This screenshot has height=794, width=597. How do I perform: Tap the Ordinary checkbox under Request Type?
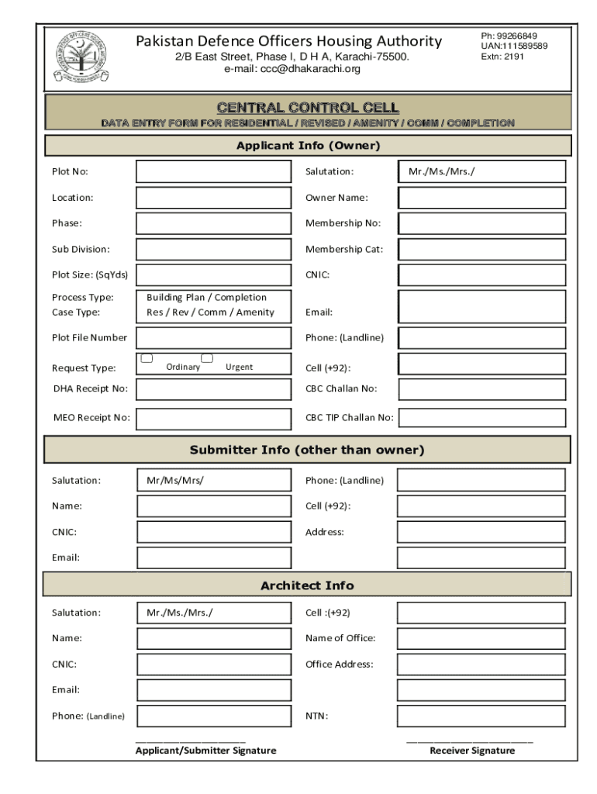[x=147, y=358]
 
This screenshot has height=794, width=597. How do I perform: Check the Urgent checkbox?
[x=207, y=358]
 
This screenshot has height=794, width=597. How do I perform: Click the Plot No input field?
[x=214, y=171]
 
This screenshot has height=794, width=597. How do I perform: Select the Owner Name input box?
[x=481, y=198]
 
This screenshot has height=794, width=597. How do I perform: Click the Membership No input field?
[x=481, y=223]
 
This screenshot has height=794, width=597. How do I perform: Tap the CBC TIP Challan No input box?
[x=482, y=418]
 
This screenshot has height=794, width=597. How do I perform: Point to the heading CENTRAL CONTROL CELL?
[x=307, y=107]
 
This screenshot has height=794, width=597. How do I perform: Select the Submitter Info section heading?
[x=307, y=450]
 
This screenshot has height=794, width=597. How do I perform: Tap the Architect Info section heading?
[x=307, y=585]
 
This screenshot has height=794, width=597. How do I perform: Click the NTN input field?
[x=481, y=716]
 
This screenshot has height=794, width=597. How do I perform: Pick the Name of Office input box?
[x=481, y=638]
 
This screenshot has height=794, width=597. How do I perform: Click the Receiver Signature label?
[x=472, y=751]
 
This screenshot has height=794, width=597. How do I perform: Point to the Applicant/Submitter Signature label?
[x=205, y=751]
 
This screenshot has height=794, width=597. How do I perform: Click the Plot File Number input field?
[x=214, y=337]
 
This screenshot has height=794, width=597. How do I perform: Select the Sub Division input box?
[x=214, y=249]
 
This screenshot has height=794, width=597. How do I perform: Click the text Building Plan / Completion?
[x=206, y=297]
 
